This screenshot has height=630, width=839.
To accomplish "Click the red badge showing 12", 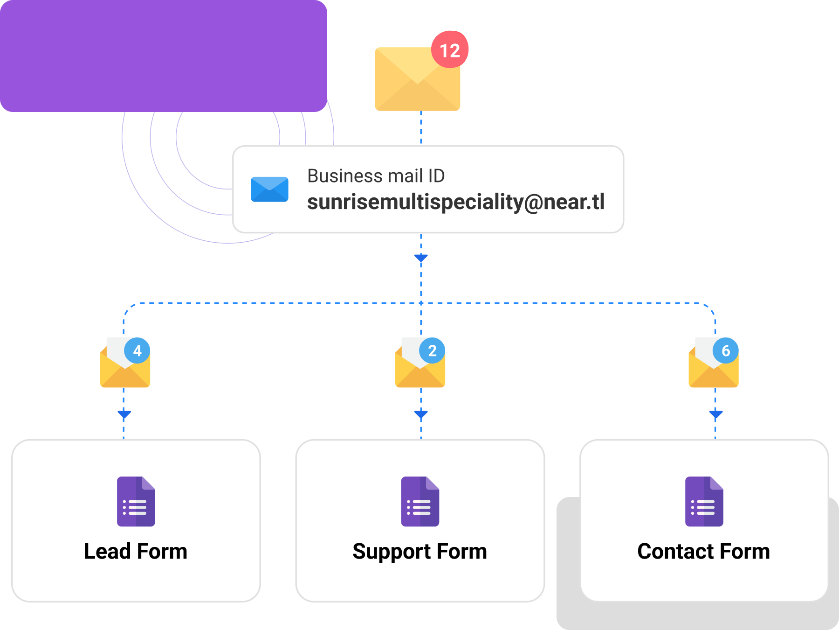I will click(x=449, y=50).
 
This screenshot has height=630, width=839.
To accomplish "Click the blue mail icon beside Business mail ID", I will click(x=269, y=189).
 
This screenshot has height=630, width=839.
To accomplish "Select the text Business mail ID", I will click(x=376, y=176).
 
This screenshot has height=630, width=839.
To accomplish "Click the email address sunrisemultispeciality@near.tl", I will click(x=455, y=202).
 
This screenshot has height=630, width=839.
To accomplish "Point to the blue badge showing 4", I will click(x=137, y=350).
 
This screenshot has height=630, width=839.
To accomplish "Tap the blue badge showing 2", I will click(x=432, y=350).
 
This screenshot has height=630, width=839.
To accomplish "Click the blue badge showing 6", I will click(x=725, y=350).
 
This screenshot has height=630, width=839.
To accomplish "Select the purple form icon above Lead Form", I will click(x=136, y=502).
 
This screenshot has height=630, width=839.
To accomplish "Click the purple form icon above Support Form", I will click(x=420, y=502).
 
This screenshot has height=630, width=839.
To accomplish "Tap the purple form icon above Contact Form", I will click(x=704, y=502).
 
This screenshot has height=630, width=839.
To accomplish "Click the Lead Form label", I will click(x=136, y=551).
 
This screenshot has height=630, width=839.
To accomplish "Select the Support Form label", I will click(x=419, y=552).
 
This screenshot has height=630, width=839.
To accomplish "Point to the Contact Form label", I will click(x=703, y=551).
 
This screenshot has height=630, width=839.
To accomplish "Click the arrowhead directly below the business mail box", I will click(x=421, y=258).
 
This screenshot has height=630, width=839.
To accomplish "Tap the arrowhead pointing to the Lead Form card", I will click(x=124, y=414).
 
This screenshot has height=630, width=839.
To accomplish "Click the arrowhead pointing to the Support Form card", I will click(x=421, y=414).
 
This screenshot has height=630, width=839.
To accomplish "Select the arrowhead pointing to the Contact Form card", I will click(x=715, y=414).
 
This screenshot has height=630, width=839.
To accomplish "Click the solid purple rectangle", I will click(x=163, y=56).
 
